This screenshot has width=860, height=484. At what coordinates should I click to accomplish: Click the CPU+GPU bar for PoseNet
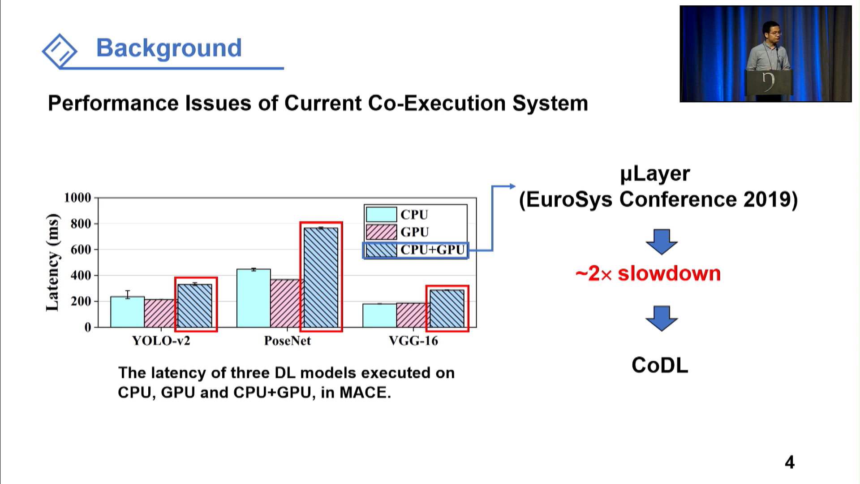[x=321, y=277]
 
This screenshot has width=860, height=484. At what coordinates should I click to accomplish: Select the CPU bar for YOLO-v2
[x=127, y=312]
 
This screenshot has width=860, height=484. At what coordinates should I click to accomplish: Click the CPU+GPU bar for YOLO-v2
[x=195, y=306]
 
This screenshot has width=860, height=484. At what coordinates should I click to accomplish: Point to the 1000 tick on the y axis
[x=77, y=198]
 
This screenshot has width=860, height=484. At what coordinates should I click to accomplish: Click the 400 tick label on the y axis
[x=81, y=275]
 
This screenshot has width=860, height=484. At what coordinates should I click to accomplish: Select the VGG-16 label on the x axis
[x=413, y=341]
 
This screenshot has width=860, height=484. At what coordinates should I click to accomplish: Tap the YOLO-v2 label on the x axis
[x=161, y=341]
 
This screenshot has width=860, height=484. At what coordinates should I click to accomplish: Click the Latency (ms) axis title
[x=53, y=263]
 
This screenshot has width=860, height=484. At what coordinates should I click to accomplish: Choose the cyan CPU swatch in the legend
[x=381, y=214]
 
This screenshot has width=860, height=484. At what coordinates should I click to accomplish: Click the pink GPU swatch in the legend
[x=381, y=232]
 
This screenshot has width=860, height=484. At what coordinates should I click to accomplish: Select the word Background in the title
[x=169, y=48]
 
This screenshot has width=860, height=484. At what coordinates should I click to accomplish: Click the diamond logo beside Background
[x=60, y=51]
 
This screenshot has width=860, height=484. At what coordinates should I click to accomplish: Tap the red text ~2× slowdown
[x=648, y=273]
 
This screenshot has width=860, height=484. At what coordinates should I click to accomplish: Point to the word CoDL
[x=660, y=365]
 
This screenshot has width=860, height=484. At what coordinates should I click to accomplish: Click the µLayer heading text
[x=655, y=174]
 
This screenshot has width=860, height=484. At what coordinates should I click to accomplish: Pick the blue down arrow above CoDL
[x=662, y=318]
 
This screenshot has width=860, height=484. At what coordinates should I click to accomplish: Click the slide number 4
[x=790, y=462]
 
